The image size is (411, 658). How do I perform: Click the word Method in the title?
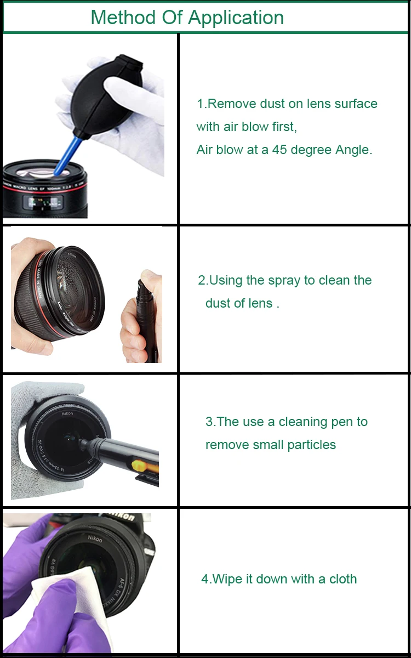(123, 18)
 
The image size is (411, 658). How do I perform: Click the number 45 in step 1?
(279, 150)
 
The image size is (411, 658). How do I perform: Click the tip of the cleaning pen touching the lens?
(83, 443)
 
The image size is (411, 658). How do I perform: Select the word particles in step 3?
(311, 445)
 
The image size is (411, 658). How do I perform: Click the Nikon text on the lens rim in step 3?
(67, 413)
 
